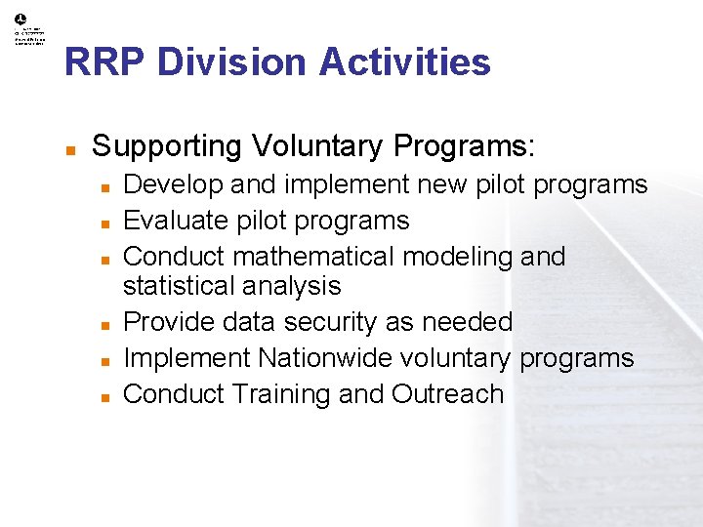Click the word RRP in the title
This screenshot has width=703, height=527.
click(x=104, y=62)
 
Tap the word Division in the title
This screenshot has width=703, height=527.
click(x=231, y=62)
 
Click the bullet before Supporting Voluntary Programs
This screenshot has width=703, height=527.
click(x=70, y=149)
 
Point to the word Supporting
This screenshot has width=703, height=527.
click(x=166, y=146)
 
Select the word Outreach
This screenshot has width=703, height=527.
click(x=448, y=394)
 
